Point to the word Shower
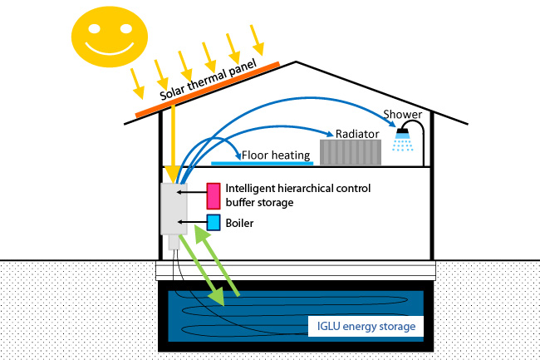pyautogui.click(x=403, y=115)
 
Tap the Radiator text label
pyautogui.click(x=358, y=133)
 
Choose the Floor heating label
pyautogui.click(x=276, y=155)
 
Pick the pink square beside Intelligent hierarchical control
pyautogui.click(x=213, y=195)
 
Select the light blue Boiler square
pyautogui.click(x=213, y=223)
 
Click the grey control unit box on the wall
pyautogui.click(x=174, y=207)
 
